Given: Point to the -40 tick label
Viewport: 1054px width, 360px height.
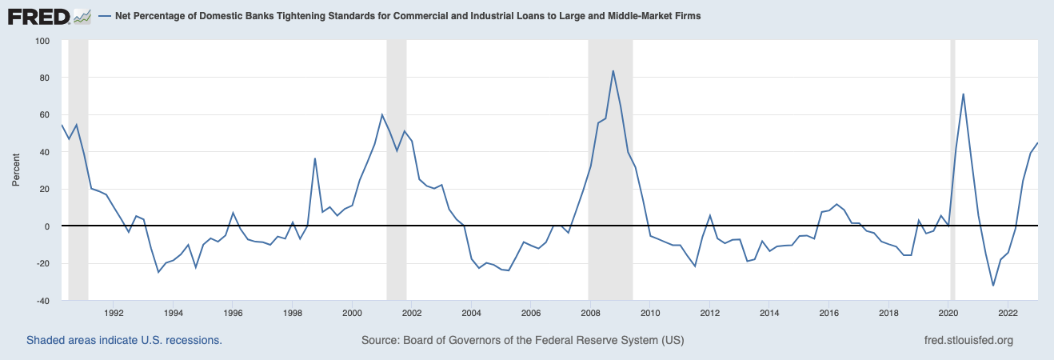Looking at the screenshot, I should (x=39, y=301).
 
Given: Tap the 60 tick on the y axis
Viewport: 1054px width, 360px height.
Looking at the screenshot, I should (x=42, y=115).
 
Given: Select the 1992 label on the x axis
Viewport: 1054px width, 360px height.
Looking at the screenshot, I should (x=114, y=313).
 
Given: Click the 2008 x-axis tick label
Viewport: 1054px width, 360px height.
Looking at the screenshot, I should (x=590, y=313).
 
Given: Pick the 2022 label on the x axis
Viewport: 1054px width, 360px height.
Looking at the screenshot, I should (x=1008, y=313).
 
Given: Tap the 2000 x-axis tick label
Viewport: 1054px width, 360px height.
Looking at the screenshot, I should (x=352, y=313).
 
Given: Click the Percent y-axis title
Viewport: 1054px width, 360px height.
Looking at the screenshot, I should (x=15, y=171).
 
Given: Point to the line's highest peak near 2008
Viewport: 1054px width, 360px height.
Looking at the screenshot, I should (x=613, y=70).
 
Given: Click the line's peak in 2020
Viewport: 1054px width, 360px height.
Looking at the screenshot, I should (x=964, y=94).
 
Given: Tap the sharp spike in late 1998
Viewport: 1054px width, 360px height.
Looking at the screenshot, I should (x=315, y=158).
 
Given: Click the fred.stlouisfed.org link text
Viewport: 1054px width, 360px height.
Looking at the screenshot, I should (x=968, y=340).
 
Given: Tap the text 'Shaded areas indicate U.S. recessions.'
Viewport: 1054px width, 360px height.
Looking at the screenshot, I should (x=124, y=340).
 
